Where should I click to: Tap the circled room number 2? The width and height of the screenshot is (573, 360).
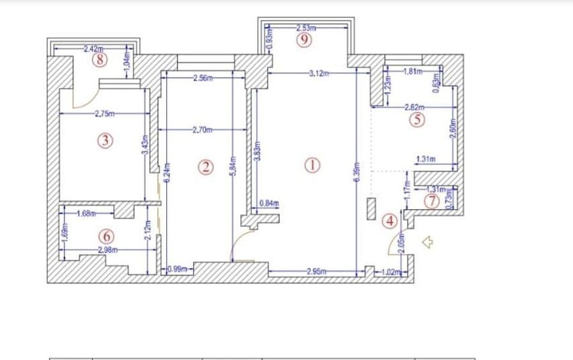point(205,167)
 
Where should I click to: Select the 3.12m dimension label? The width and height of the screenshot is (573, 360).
point(318,74)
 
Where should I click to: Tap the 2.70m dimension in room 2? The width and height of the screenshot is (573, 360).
point(201,130)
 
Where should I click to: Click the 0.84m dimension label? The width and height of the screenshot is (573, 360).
point(269,203)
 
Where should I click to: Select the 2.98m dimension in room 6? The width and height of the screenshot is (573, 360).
point(107,249)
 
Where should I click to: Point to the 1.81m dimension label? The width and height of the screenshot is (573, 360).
point(413,71)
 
